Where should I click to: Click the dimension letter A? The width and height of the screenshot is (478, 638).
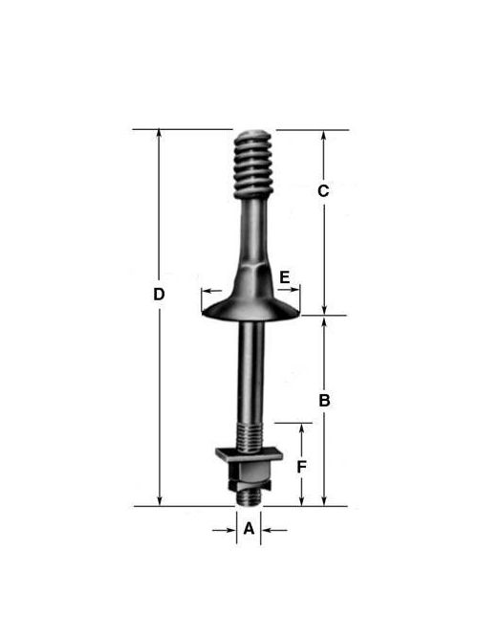coord(249,529)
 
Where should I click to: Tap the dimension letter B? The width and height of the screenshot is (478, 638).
coord(324,401)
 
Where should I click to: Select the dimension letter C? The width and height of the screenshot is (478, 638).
coord(323,191)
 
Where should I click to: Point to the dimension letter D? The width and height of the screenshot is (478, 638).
coord(159,295)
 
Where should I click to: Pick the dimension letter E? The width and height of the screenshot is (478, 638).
coord(285,277)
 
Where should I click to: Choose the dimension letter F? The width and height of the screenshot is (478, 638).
coord(301,467)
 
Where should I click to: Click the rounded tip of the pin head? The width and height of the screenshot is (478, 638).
coord(252,134)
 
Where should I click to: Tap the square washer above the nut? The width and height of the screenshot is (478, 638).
coord(249,454)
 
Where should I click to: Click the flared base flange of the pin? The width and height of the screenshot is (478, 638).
coord(251,309)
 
